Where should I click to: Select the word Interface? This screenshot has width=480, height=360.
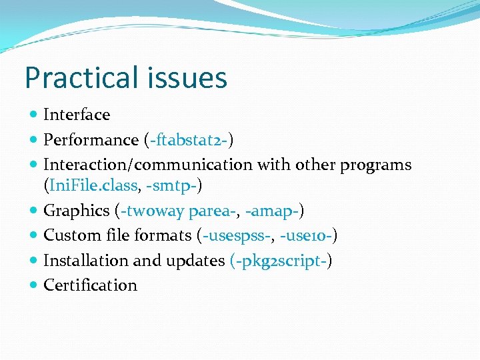[76, 115]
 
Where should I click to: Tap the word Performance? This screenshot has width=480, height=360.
[91, 140]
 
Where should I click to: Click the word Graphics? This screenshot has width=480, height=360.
[76, 211]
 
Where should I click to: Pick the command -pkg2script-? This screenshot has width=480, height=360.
[280, 261]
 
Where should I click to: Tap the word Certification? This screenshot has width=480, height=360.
[90, 285]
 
